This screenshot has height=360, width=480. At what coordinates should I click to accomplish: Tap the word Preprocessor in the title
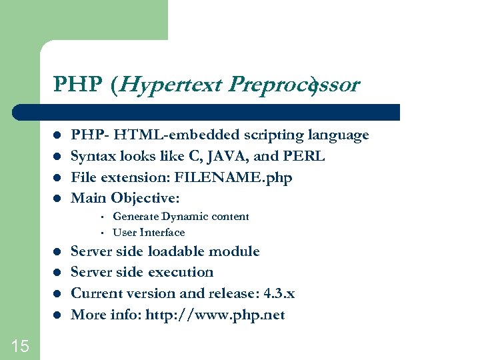(294, 85)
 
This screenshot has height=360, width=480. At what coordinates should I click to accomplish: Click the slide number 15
(20, 345)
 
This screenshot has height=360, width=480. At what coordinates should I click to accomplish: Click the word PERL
(304, 157)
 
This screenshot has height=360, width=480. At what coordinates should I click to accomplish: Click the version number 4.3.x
(279, 293)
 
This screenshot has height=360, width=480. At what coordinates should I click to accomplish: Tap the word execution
(180, 272)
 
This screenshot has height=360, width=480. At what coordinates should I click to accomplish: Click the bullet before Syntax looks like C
(58, 157)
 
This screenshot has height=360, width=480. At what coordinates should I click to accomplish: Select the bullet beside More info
(58, 315)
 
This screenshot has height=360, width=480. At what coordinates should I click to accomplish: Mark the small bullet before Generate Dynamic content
(99, 217)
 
